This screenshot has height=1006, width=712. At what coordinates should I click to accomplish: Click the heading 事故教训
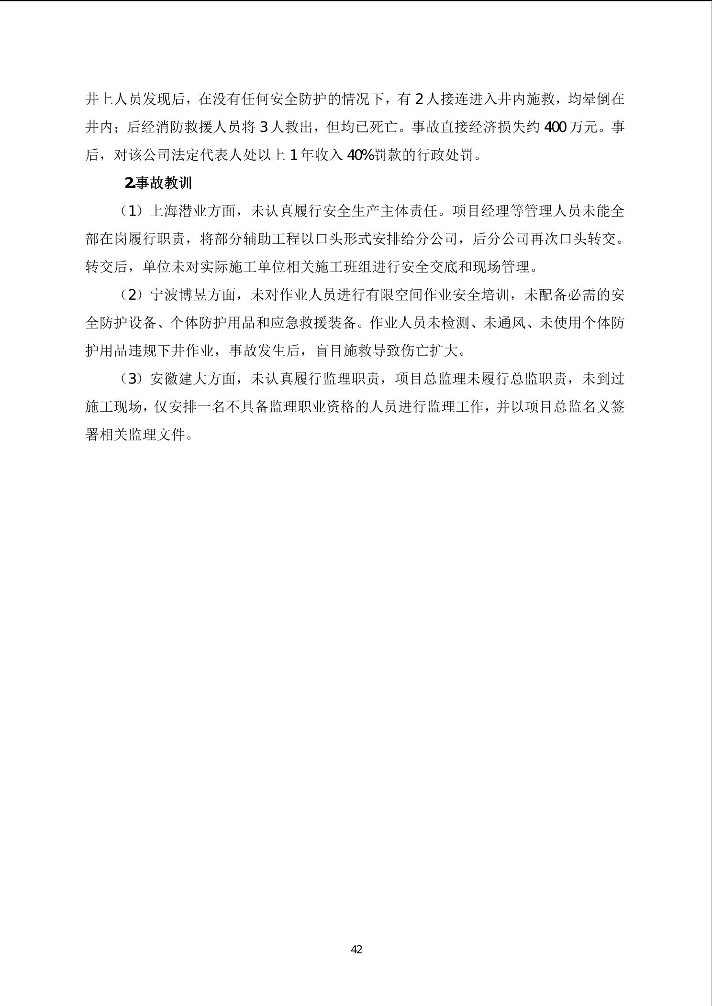164,183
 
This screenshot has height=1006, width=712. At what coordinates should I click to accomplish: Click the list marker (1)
132,211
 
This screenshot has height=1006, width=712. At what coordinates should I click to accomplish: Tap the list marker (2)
132,295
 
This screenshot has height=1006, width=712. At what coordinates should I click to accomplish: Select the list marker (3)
132,379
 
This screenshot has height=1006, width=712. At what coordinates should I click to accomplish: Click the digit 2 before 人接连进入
419,99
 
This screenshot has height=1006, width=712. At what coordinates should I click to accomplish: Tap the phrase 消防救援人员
200,127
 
